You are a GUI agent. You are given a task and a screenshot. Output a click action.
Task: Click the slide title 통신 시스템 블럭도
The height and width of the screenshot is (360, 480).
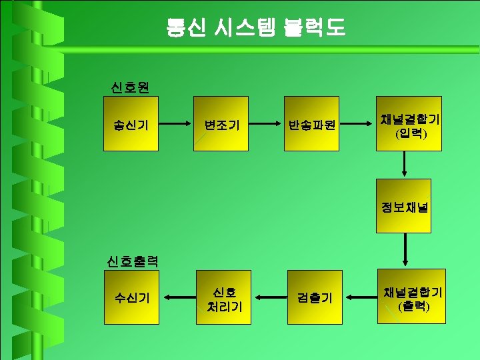pyautogui.click(x=256, y=27)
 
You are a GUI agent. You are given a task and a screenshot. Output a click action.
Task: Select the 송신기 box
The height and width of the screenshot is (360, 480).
pyautogui.click(x=131, y=124)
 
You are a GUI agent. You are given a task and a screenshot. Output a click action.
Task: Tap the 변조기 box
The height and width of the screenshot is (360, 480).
pyautogui.click(x=221, y=124)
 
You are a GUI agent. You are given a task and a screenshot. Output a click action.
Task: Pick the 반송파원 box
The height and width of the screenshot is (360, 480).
pyautogui.click(x=312, y=124)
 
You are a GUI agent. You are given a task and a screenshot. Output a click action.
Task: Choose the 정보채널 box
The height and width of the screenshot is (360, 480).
pyautogui.click(x=403, y=206)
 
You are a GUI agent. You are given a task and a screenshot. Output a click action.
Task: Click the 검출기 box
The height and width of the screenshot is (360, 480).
pyautogui.click(x=314, y=297)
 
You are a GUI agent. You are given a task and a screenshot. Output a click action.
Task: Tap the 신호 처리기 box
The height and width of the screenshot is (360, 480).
pyautogui.click(x=223, y=297)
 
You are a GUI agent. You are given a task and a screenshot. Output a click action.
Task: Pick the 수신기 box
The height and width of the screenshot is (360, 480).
pyautogui.click(x=132, y=297)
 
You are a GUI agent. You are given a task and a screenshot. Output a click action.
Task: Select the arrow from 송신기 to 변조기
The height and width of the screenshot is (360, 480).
pyautogui.click(x=176, y=124)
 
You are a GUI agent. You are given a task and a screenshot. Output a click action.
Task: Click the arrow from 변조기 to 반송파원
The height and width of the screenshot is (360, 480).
pyautogui.click(x=267, y=124)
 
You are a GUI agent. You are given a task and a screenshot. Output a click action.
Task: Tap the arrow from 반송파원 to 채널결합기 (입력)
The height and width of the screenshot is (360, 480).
pyautogui.click(x=357, y=124)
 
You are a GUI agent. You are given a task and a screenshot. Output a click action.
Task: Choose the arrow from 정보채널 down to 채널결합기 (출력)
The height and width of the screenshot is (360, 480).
pyautogui.click(x=403, y=249)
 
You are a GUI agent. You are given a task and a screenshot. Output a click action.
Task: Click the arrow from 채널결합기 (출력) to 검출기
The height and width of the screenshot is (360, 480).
pyautogui.click(x=360, y=297)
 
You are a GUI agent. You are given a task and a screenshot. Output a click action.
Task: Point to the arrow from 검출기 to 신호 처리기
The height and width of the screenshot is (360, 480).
pyautogui.click(x=268, y=297)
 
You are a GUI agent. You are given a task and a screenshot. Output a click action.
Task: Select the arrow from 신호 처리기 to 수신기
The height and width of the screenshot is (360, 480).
pyautogui.click(x=177, y=297)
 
